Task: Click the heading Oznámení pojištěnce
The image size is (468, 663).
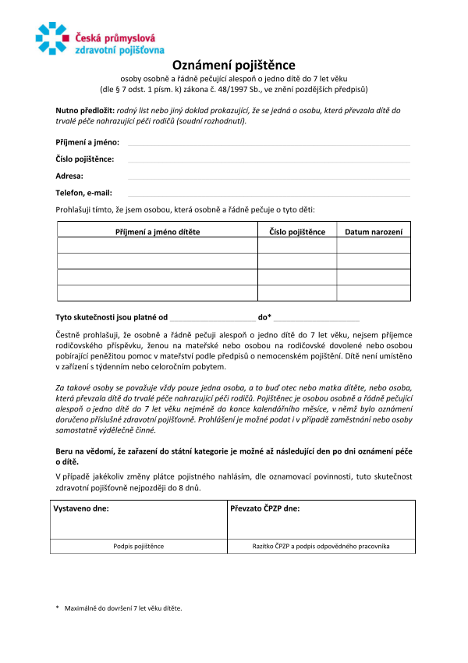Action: click(x=233, y=66)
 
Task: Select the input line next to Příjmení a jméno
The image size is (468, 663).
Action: click(x=268, y=144)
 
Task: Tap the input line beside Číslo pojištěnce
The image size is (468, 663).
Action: click(x=268, y=160)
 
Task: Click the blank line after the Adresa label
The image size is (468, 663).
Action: click(x=268, y=177)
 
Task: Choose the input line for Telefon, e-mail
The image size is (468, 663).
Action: click(x=268, y=194)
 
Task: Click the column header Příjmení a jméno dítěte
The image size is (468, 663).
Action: click(x=158, y=232)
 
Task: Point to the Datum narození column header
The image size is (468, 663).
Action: click(x=373, y=232)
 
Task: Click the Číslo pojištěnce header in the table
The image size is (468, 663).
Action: click(x=297, y=232)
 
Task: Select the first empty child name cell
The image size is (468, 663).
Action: click(x=158, y=245)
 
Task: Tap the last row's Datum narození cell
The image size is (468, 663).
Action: click(x=373, y=293)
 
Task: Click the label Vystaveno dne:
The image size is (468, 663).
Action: click(x=81, y=508)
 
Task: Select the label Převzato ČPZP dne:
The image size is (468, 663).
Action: click(x=265, y=508)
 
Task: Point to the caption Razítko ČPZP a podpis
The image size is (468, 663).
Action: click(x=321, y=547)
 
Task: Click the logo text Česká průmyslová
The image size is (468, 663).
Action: click(x=115, y=35)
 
